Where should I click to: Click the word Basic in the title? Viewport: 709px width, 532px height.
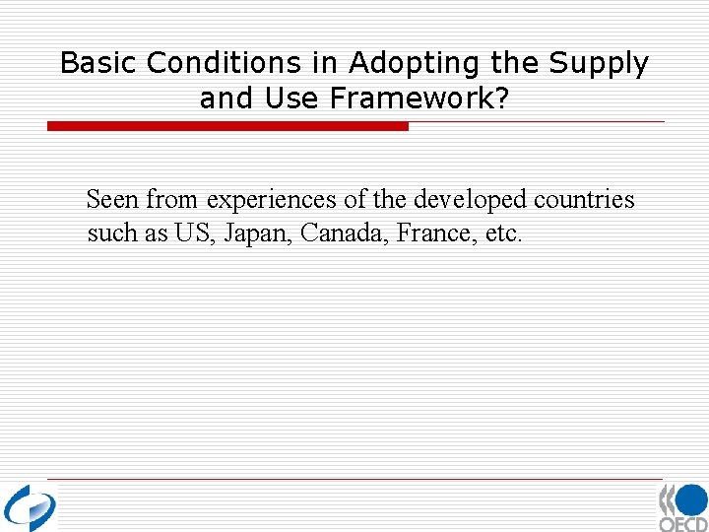[x=99, y=63]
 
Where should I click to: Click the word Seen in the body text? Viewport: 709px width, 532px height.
[x=113, y=200]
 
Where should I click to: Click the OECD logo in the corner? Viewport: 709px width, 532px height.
[x=683, y=507]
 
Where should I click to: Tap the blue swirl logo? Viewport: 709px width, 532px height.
[x=30, y=507]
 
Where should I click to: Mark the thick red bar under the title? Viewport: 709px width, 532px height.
[x=227, y=126]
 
